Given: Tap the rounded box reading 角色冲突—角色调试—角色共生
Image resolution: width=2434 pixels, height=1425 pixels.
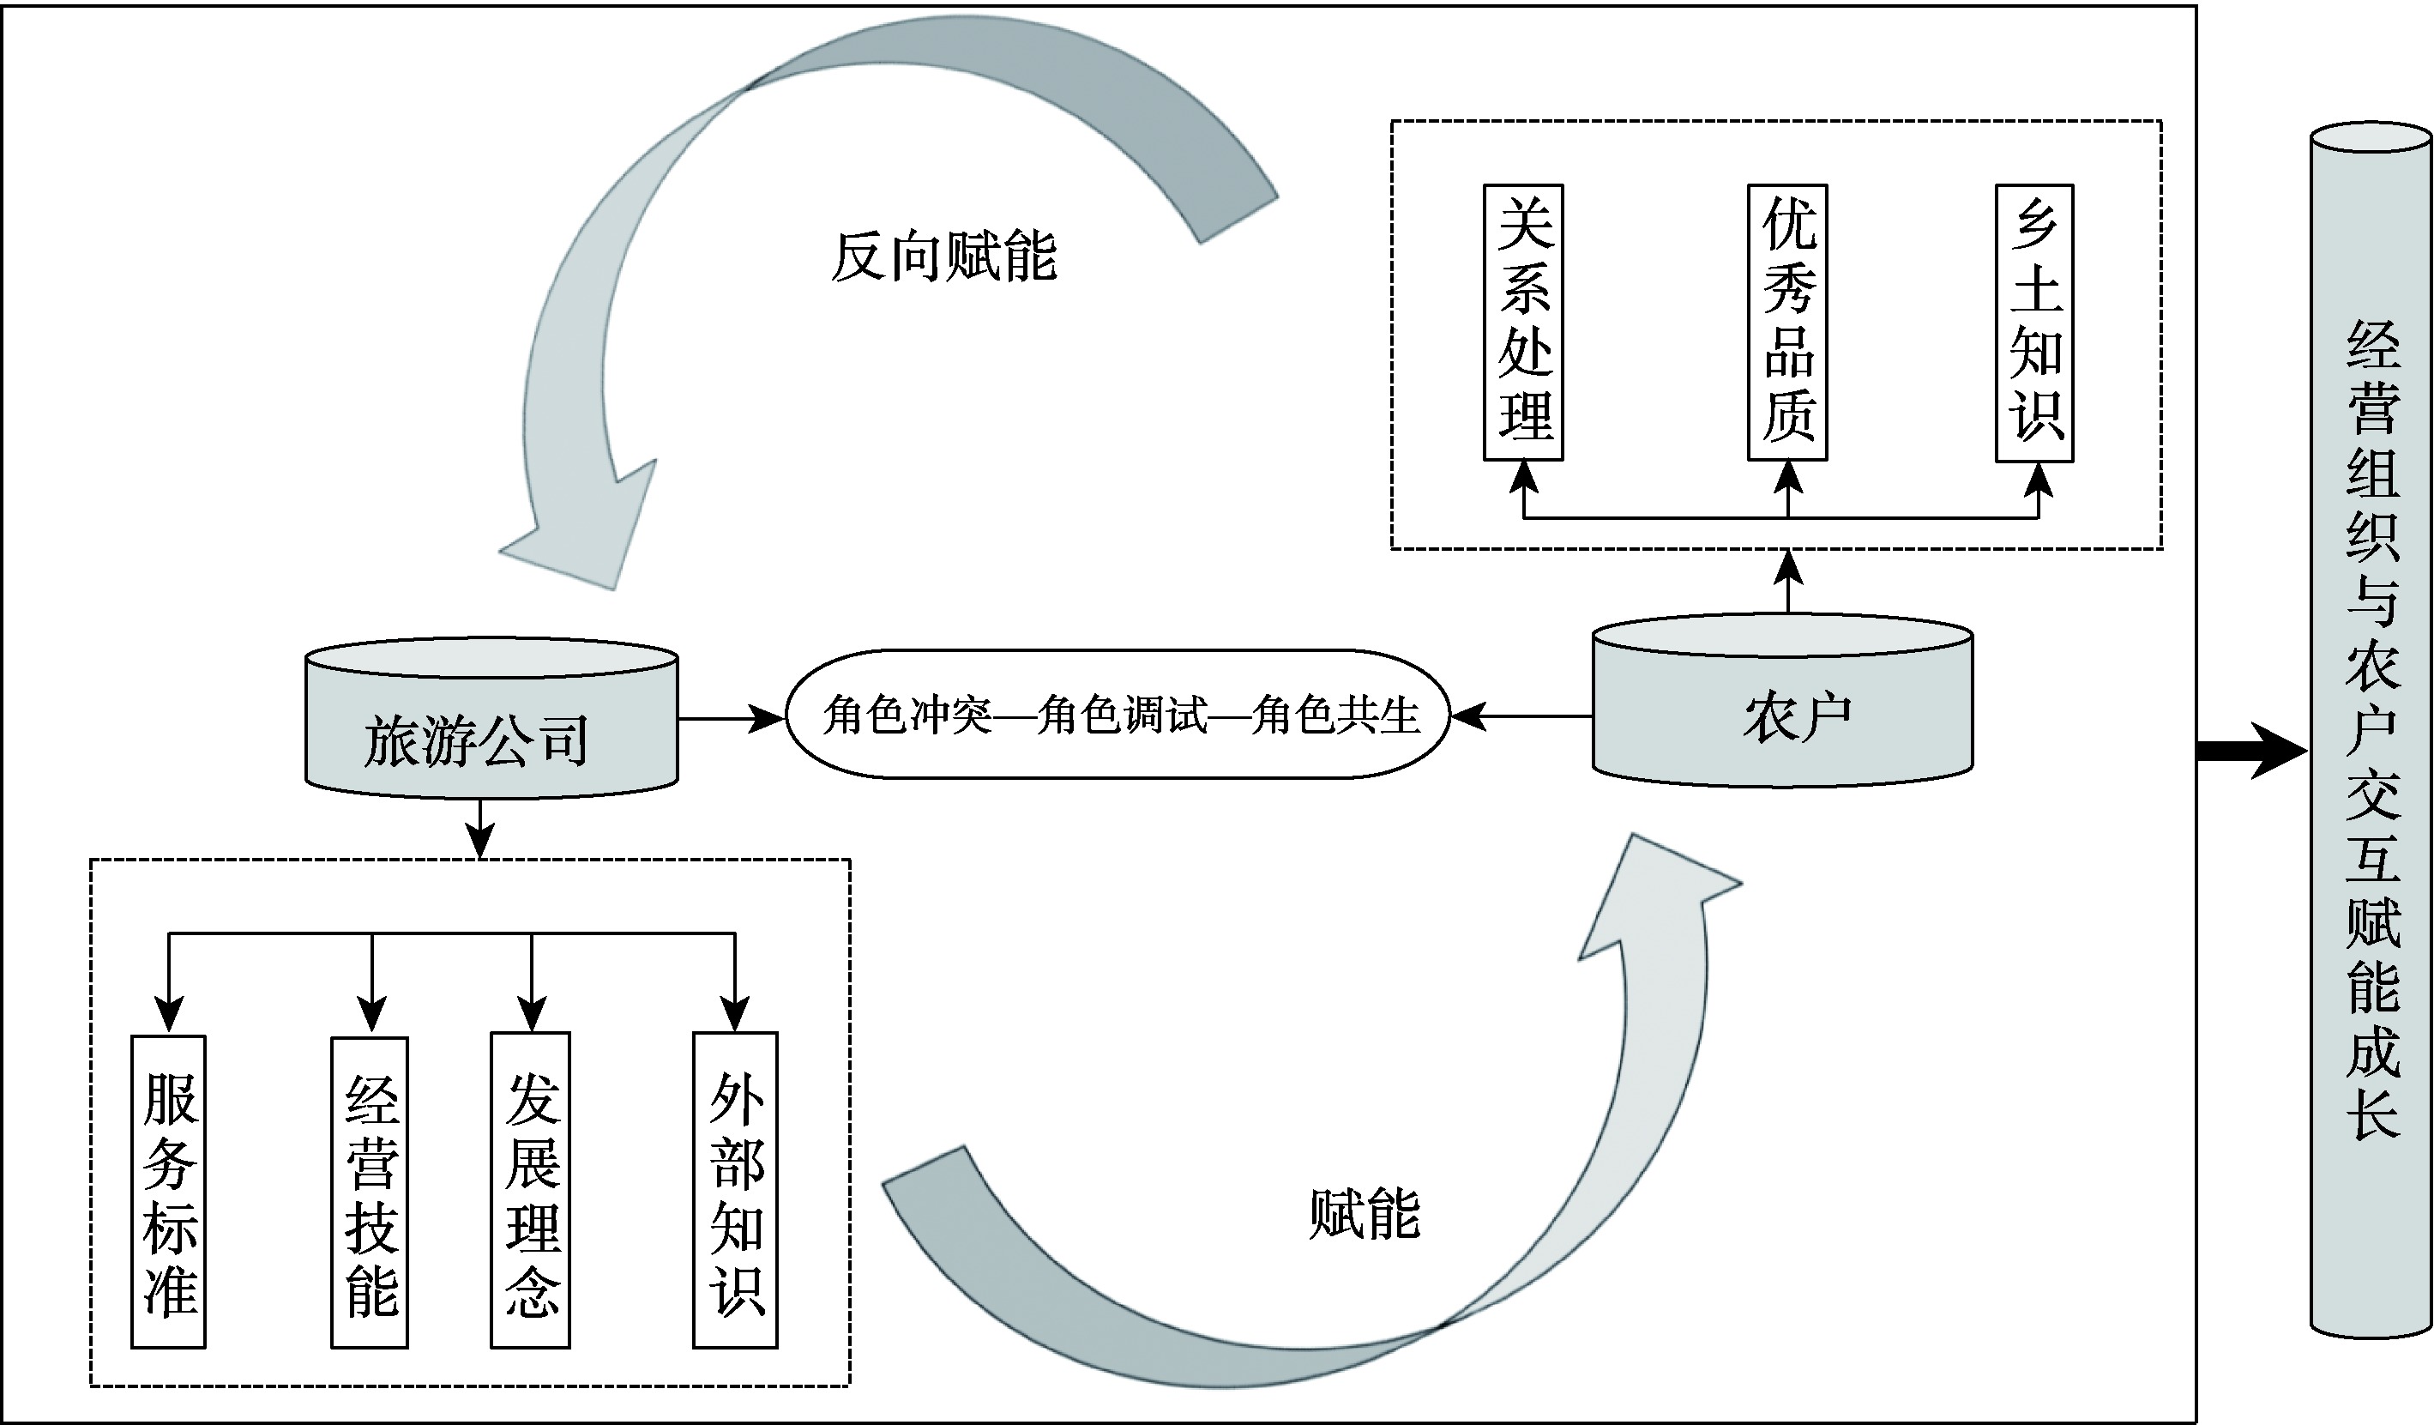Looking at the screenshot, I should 1118,715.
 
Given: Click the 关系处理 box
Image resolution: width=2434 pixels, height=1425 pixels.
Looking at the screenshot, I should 1523,323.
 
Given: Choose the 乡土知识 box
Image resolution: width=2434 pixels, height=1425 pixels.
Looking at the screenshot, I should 2034,323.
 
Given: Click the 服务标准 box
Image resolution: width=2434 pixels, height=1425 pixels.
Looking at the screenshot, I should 169,1191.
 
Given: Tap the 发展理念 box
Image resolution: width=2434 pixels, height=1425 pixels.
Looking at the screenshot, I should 530,1190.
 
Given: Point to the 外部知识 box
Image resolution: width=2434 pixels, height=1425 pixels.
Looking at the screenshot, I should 735,1190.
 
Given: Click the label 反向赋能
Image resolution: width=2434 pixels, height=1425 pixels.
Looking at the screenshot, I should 943,258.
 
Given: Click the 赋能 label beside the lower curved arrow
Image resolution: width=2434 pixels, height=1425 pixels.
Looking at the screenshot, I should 1363,1215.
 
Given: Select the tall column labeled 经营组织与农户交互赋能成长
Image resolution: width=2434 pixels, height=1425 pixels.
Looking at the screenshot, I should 2371,729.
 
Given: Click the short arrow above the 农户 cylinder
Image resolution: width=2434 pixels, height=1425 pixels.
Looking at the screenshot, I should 1789,581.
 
